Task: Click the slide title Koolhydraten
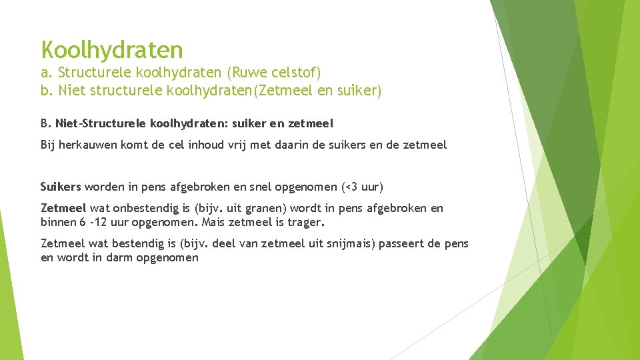111,49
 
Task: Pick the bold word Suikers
61,186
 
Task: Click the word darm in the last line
117,258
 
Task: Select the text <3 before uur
349,186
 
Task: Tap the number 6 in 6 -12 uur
82,223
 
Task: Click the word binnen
58,223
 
